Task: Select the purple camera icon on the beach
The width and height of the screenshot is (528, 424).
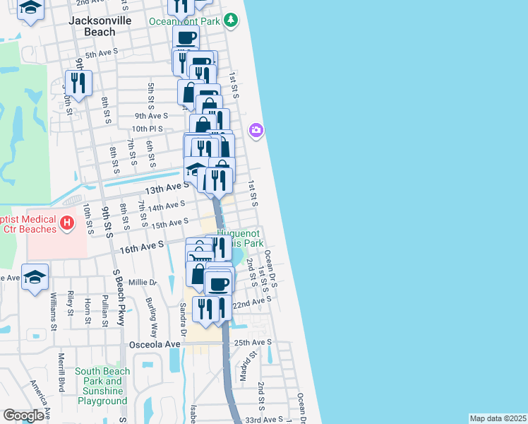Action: point(256,130)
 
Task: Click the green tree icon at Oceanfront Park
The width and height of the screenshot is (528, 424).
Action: point(230,20)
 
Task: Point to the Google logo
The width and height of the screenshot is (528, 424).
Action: point(23,416)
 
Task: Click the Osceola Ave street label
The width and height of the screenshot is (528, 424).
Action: point(155,344)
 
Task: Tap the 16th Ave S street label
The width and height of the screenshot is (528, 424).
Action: point(141,244)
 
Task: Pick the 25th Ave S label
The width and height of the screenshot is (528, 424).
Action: point(253,343)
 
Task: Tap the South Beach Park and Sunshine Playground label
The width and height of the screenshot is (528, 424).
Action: point(102,386)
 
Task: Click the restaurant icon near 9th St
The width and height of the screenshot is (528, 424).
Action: point(78,83)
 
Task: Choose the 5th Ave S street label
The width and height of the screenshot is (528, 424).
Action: point(101,54)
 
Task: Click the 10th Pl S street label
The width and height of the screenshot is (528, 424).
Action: point(147,129)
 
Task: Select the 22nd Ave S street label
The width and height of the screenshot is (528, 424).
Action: point(252,302)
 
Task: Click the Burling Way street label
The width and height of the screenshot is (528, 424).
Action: point(150,312)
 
